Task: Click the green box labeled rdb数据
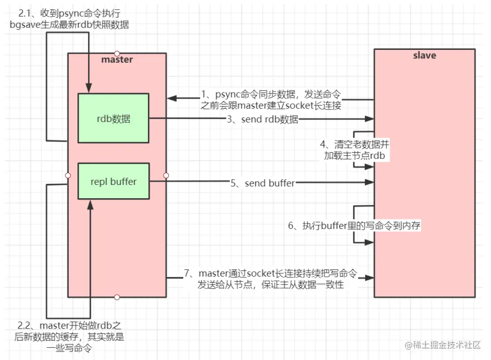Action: (114, 119)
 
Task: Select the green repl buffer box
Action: (114, 181)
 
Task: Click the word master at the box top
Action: (117, 60)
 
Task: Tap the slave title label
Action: (424, 55)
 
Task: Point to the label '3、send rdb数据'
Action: (262, 120)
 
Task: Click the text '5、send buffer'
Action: (262, 183)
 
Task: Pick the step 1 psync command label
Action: (271, 99)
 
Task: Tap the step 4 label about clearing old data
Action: (354, 149)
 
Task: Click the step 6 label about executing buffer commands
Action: (355, 226)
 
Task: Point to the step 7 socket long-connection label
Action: (270, 279)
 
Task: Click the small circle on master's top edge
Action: (117, 53)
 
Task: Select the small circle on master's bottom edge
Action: (117, 297)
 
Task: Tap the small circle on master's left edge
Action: (68, 175)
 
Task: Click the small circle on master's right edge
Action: (166, 175)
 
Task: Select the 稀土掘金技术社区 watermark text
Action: (443, 345)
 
